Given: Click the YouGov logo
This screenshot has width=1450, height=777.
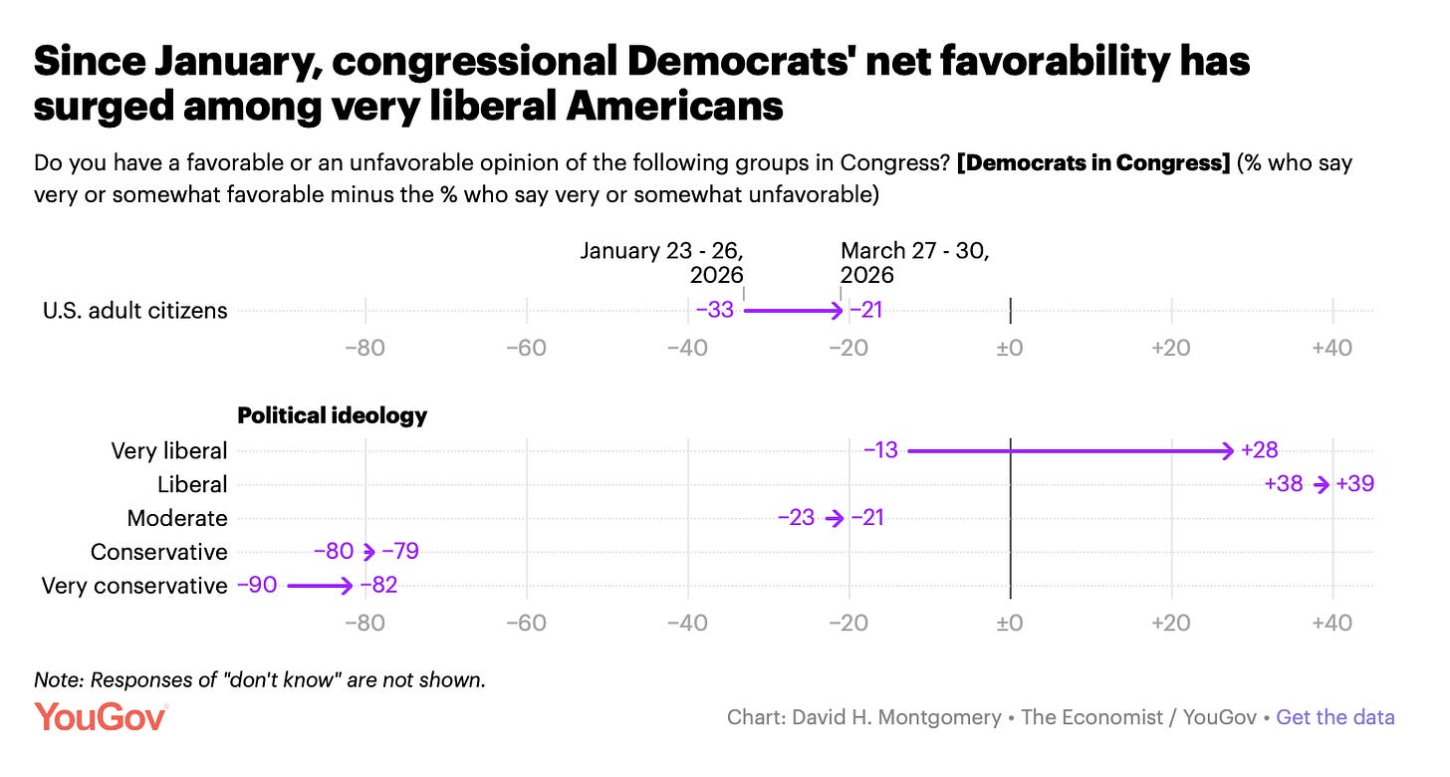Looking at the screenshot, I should click(x=101, y=717).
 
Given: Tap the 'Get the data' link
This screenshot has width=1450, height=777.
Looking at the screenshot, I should click(x=1334, y=717).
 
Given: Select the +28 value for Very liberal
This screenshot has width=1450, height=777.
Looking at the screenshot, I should click(x=1259, y=450).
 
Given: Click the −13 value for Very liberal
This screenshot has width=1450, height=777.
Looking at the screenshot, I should click(x=880, y=450).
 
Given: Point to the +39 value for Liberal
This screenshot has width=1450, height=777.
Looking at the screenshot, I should click(x=1354, y=484).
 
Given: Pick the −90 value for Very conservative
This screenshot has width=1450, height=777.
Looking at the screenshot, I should click(x=257, y=586).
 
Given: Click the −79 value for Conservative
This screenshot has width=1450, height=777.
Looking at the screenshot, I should click(x=399, y=552).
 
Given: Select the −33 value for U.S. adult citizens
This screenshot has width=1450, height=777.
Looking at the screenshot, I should click(x=714, y=310).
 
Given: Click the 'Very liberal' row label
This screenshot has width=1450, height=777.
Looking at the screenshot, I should click(x=169, y=450).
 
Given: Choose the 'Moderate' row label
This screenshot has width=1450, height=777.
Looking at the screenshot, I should click(x=177, y=518).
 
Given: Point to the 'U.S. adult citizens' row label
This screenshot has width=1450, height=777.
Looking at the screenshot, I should click(x=134, y=310).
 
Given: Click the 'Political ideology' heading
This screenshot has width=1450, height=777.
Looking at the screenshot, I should click(x=332, y=415).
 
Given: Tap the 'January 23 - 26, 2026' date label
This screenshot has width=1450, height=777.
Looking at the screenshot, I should click(x=662, y=262).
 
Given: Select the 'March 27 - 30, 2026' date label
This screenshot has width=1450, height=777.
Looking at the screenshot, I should click(x=913, y=262).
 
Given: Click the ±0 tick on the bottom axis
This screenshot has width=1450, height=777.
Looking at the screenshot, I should click(x=1010, y=624).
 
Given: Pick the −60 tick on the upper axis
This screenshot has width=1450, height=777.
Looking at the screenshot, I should click(x=526, y=348).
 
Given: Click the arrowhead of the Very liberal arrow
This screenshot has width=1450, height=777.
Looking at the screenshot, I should click(x=1227, y=451).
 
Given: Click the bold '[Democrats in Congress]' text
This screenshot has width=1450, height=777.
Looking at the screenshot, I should click(x=1093, y=163).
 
